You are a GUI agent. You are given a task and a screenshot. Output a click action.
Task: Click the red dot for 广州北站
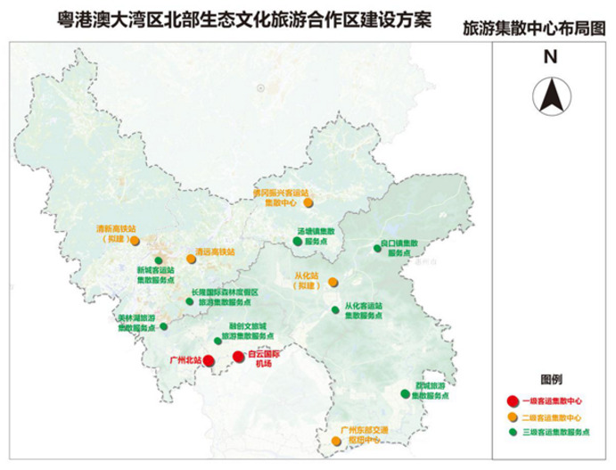point(208,360)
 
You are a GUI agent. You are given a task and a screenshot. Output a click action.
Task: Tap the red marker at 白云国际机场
point(238,357)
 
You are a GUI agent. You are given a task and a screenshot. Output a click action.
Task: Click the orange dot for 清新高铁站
point(135,240)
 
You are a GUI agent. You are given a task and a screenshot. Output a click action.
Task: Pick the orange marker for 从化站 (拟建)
point(333,282)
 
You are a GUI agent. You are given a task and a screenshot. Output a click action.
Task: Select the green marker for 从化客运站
point(336,310)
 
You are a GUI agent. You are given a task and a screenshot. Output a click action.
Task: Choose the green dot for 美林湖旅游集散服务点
point(163,326)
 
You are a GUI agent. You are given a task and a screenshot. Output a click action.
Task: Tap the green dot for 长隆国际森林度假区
point(189,301)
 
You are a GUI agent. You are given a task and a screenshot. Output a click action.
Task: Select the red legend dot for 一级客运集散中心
point(512,400)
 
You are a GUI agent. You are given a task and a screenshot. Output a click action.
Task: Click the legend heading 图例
point(550,379)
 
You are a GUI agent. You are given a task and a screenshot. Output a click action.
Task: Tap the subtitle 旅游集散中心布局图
point(534,29)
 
